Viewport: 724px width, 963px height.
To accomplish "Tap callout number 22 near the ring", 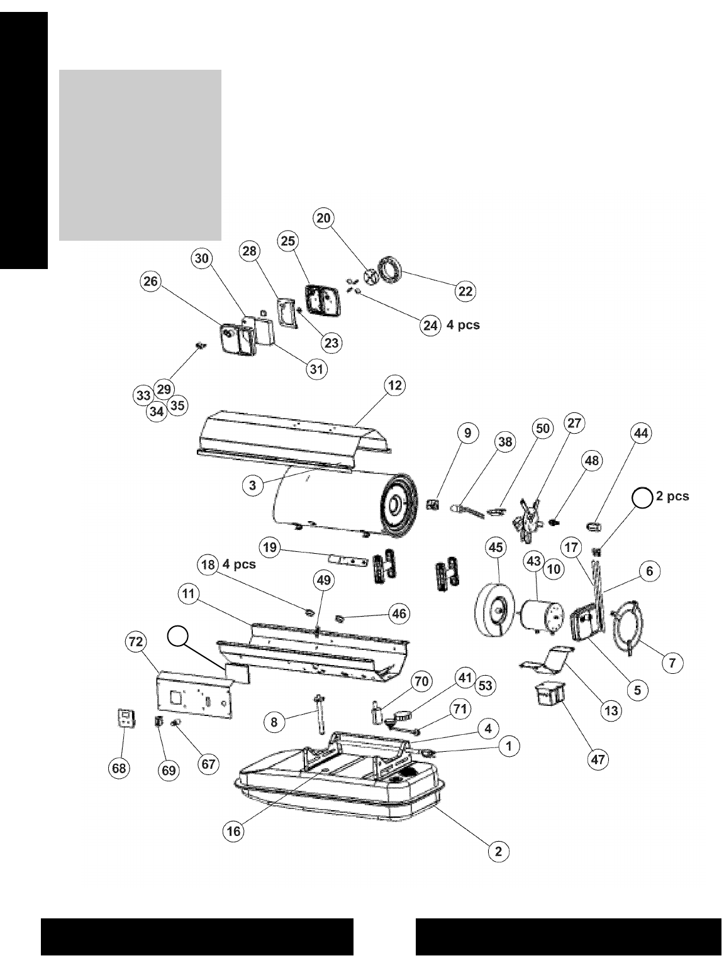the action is [465, 290].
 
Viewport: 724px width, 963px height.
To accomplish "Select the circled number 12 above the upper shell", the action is [395, 385].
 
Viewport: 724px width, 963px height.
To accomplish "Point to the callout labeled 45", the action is [496, 548].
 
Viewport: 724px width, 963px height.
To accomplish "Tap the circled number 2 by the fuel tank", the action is [498, 851].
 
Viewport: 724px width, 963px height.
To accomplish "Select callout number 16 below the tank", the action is [233, 831].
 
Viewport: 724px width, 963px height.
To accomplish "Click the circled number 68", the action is [119, 768].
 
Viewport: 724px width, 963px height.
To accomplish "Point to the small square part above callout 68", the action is [127, 718].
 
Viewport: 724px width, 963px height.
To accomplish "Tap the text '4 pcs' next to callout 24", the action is [463, 326].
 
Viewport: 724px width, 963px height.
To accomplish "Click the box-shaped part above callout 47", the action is [549, 697].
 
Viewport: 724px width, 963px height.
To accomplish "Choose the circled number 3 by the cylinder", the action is [252, 485].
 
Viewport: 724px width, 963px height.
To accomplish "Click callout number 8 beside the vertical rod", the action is [274, 722].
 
